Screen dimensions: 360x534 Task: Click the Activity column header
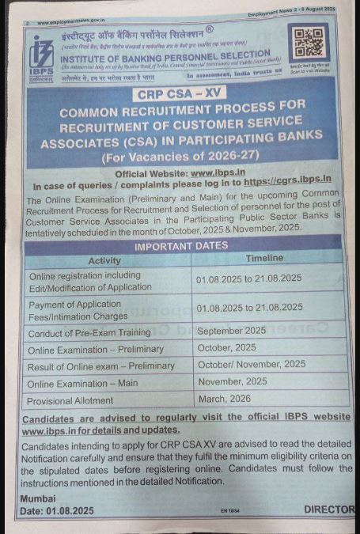(104, 260)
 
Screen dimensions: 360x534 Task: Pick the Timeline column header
(264, 259)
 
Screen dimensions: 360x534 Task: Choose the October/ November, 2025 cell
(252, 364)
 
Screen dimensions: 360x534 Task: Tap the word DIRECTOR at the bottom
(329, 510)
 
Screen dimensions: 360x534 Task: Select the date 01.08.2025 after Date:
(71, 511)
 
